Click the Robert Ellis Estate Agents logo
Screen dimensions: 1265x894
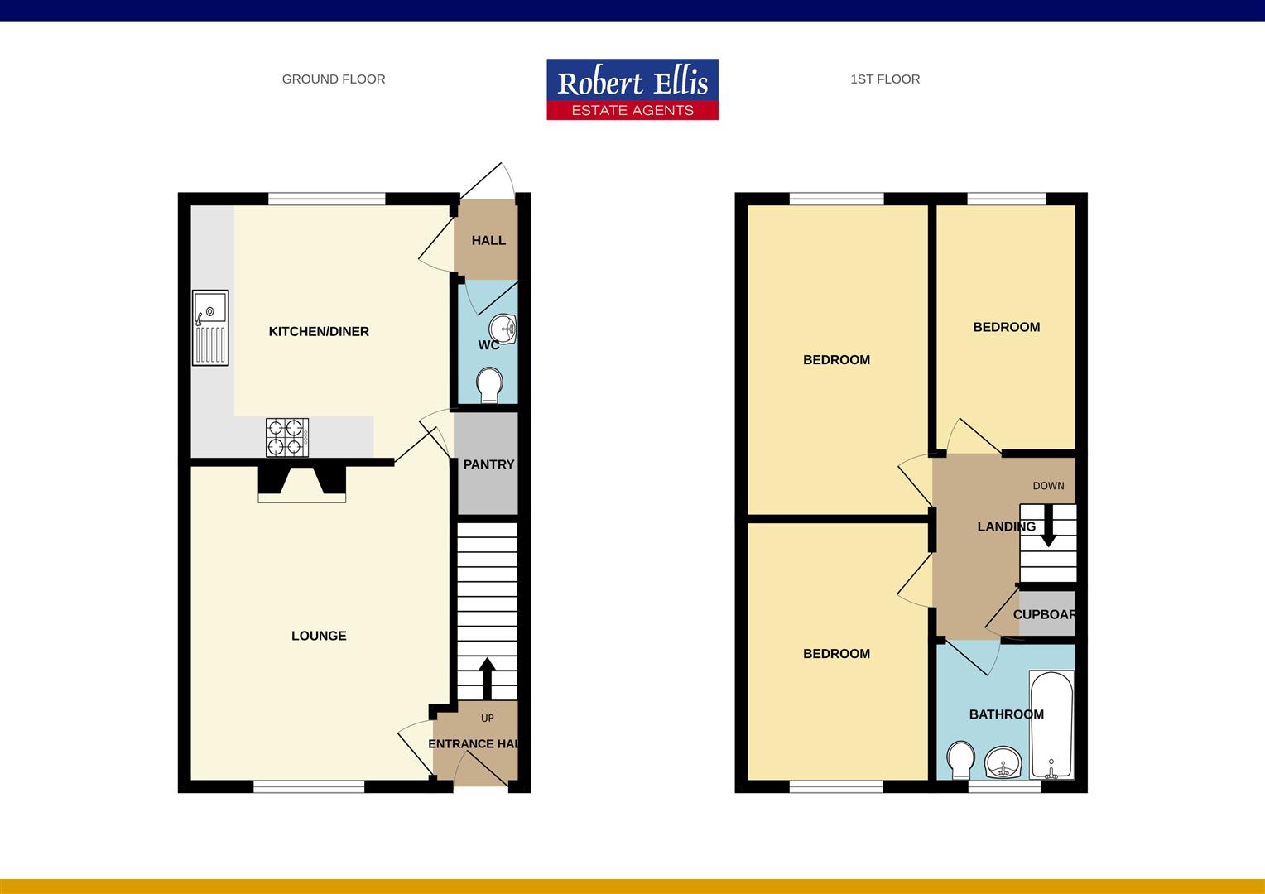[x=632, y=89]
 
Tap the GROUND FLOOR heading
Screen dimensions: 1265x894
[x=334, y=79]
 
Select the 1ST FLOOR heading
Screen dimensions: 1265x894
[x=885, y=79]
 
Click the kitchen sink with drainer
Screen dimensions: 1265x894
[x=210, y=328]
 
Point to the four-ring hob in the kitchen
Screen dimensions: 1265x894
[x=287, y=437]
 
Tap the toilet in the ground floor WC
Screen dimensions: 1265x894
[x=489, y=385]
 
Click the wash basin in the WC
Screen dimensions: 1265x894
[x=503, y=329]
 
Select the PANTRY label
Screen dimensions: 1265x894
[x=488, y=464]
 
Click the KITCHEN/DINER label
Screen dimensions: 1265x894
[x=319, y=331]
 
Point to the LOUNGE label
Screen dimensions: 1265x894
[x=319, y=636]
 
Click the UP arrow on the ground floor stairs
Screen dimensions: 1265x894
[x=488, y=678]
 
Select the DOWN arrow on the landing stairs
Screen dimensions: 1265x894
[x=1048, y=526]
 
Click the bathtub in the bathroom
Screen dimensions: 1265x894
[x=1051, y=724]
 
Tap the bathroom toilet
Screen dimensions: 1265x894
[x=960, y=760]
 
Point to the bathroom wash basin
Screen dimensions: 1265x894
[x=1003, y=762]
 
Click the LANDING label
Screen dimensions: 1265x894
[x=1007, y=526]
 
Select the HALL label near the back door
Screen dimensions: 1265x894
[x=488, y=241]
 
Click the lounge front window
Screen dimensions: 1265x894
[x=309, y=786]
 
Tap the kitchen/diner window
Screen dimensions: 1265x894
[x=326, y=199]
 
